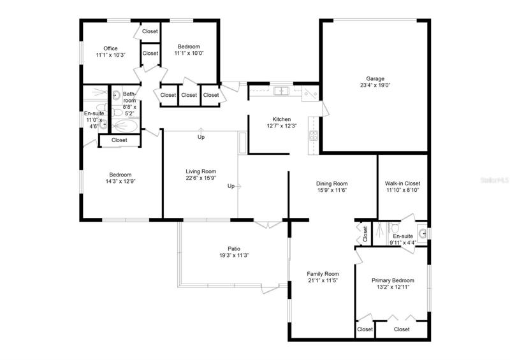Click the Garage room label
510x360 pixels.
tap(375, 78)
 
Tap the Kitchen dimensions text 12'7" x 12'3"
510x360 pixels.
tap(282, 126)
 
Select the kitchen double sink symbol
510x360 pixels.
tap(281, 91)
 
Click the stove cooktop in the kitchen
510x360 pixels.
tap(313, 135)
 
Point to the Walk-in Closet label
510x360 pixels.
tap(402, 184)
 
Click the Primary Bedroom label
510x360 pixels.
tap(393, 280)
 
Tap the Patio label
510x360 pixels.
tap(234, 248)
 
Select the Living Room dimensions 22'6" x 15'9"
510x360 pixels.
tap(201, 178)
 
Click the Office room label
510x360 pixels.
tap(110, 48)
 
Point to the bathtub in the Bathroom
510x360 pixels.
tap(126, 126)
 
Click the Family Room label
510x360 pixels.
tap(323, 274)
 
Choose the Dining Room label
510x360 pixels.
tap(331, 184)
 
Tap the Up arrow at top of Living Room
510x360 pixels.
tap(201, 130)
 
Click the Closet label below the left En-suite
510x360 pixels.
tap(119, 140)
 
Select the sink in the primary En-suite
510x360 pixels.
tap(423, 233)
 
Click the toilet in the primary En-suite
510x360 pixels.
tap(395, 227)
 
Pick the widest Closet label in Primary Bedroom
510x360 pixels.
tap(402, 329)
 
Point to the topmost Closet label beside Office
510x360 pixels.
tap(150, 32)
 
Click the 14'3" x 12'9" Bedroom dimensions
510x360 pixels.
tap(120, 181)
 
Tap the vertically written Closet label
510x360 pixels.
tap(365, 234)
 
